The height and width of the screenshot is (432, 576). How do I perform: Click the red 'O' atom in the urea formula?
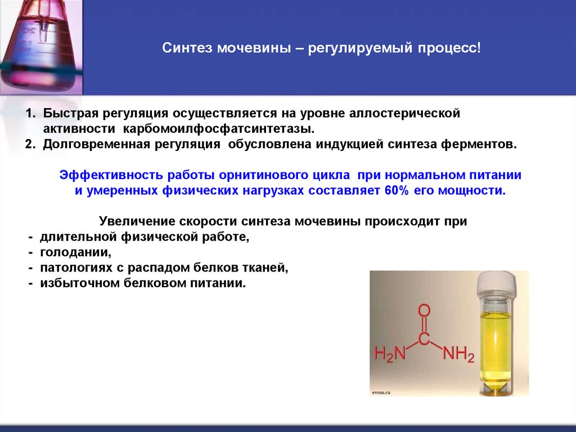click(x=425, y=311)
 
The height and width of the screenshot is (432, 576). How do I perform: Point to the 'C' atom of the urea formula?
click(x=425, y=340)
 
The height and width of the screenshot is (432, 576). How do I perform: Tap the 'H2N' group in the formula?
click(x=390, y=355)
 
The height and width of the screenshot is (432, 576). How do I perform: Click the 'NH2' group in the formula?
click(x=459, y=355)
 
